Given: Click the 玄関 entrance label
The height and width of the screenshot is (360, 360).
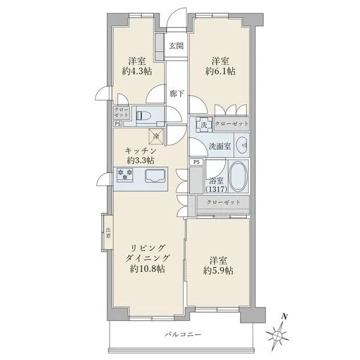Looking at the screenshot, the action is pos(176,46).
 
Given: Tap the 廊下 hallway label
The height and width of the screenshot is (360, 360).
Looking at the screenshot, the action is pos(177,94).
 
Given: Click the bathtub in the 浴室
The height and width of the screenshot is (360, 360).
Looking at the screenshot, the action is pos(238,176).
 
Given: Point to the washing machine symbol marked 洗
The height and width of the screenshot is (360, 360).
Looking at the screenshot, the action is pos(204,124).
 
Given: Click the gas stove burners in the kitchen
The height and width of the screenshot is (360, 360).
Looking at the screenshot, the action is pos(125,175).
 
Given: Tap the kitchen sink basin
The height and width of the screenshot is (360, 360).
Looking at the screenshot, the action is pos(155,176).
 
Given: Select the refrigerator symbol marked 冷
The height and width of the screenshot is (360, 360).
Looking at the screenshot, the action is pos(157,136).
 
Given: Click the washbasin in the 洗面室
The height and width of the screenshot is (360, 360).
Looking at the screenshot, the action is pos(242,145).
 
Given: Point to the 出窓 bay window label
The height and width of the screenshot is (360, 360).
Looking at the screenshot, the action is pos(108,233).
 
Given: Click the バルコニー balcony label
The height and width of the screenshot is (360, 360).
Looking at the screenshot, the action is pos(183,334).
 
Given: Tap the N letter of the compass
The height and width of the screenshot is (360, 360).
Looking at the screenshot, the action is pos(284,317).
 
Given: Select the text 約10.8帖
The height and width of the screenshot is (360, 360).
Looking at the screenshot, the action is pos(148,269).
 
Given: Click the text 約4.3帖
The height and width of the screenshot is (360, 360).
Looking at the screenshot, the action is pos(137,71).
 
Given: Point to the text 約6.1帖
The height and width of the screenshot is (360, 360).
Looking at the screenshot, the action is pos(220,71).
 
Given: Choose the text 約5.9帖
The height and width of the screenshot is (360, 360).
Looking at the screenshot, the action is pos(218,271).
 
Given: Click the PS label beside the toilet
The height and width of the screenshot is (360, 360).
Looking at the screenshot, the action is pos(118,124).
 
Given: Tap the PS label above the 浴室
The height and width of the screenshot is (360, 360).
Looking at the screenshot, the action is pos(197,162).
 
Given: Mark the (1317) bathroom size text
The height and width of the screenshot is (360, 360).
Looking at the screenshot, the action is pos(216,190).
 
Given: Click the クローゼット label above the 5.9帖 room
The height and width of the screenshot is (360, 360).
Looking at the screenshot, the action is pos(223,202).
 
